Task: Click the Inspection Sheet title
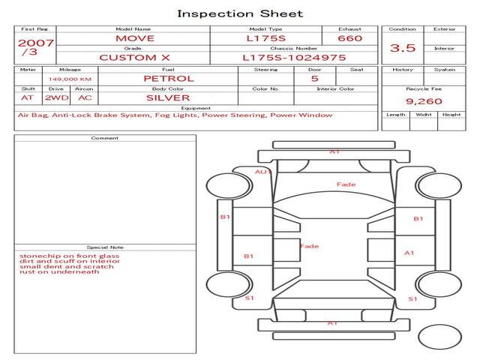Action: click(x=240, y=13)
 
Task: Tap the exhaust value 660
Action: click(x=349, y=38)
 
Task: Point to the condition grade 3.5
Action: click(x=403, y=48)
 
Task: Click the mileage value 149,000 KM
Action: click(x=70, y=79)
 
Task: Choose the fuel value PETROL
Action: click(x=168, y=78)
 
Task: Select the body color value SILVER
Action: click(x=168, y=97)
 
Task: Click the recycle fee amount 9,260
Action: click(x=424, y=100)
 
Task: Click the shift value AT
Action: click(x=28, y=97)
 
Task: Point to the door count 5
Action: click(x=314, y=78)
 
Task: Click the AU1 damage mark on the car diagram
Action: click(x=262, y=172)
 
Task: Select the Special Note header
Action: click(x=105, y=247)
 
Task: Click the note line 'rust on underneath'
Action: click(x=59, y=271)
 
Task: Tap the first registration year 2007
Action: click(x=35, y=43)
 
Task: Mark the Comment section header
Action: click(x=105, y=138)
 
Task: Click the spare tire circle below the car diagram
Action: click(x=439, y=337)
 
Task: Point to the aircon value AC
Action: click(x=85, y=97)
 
